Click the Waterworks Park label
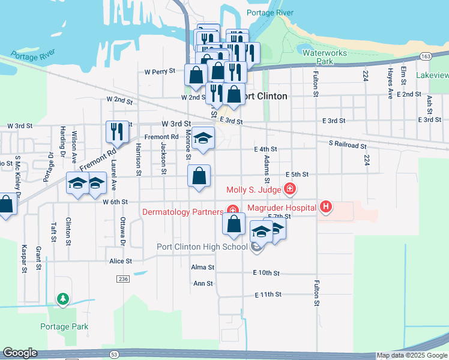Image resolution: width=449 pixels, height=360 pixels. click(x=324, y=57)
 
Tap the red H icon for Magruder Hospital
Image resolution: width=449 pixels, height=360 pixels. click(x=326, y=208)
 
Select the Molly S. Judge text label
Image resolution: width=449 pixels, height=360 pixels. click(x=255, y=190)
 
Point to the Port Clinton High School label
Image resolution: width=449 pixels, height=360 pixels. click(x=202, y=247)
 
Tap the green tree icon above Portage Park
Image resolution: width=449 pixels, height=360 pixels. click(x=62, y=298)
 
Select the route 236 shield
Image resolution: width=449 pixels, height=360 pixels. click(x=123, y=279)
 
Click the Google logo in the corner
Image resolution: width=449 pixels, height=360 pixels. click(x=20, y=353)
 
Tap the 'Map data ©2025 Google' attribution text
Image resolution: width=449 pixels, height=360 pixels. click(x=412, y=356)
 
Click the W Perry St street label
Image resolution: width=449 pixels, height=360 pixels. click(x=160, y=71)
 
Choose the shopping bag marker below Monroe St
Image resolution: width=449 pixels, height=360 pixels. click(x=199, y=176)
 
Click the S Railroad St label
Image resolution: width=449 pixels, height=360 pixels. click(x=348, y=145)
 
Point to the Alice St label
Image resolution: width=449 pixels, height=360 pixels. click(x=120, y=262)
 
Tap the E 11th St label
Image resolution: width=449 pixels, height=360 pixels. click(x=268, y=295)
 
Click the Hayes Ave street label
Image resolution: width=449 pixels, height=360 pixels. click(x=390, y=83)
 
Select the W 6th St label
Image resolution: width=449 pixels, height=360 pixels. click(x=116, y=202)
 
